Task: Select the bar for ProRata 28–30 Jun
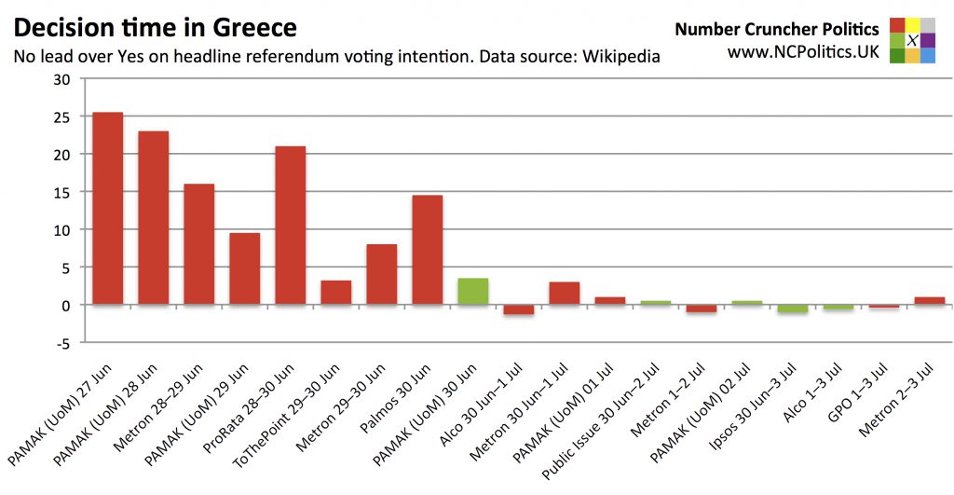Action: (290, 225)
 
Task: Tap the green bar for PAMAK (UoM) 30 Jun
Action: (472, 291)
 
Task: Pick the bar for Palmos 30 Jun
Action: (427, 249)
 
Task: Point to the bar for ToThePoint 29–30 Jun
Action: (335, 293)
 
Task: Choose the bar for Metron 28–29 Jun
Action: (198, 243)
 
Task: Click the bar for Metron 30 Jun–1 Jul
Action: (564, 294)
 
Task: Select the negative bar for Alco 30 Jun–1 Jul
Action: (518, 309)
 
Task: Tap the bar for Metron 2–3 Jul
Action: (929, 300)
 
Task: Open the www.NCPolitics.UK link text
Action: (803, 52)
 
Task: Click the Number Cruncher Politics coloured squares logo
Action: (912, 40)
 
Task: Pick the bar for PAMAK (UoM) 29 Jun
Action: (244, 268)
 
